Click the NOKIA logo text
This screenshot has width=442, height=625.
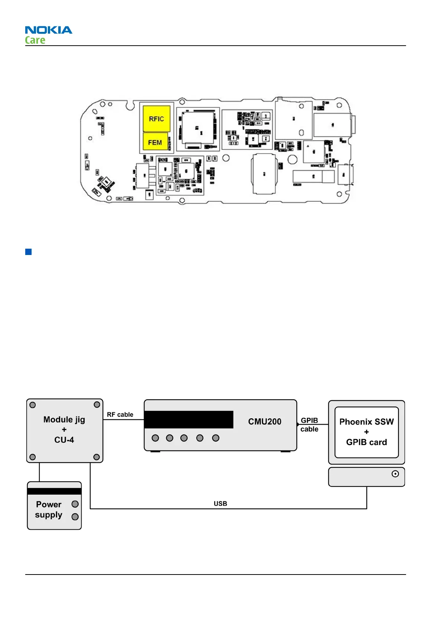49,30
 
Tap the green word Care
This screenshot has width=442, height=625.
35,40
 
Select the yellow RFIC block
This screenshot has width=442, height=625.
156,119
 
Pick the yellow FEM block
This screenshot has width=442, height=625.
155,142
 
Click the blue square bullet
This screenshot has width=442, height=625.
29,252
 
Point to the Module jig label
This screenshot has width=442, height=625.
64,419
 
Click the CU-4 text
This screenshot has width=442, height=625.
64,440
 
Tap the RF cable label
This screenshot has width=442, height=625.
120,415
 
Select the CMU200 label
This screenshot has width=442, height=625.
265,422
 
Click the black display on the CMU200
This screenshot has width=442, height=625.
189,419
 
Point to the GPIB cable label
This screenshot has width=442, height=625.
309,425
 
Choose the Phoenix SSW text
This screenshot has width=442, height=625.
366,422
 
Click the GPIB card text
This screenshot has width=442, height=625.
366,442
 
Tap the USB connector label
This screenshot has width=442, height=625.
220,504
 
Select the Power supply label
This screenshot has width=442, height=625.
49,510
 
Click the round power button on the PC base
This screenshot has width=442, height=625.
395,474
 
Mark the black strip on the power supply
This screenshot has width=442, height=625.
54,491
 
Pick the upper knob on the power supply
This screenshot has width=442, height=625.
75,504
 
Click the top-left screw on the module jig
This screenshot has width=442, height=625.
33,405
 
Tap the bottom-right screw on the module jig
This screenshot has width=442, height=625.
96,457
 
